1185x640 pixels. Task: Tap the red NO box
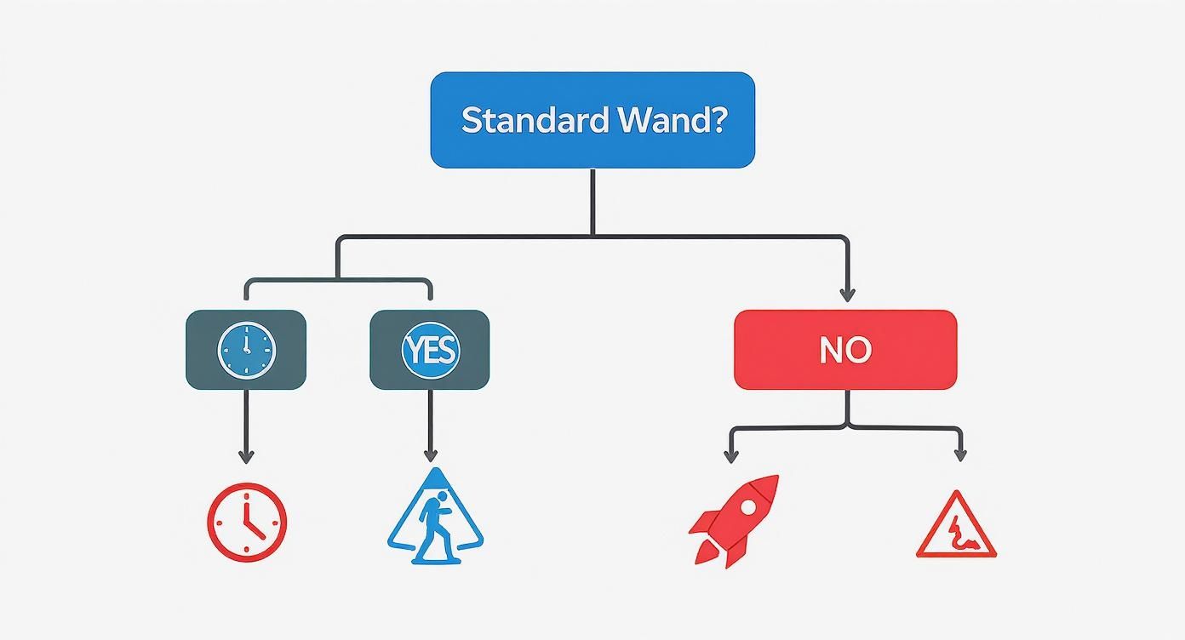click(x=845, y=350)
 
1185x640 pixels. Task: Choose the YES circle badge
click(x=430, y=350)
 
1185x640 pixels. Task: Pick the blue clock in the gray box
click(x=247, y=350)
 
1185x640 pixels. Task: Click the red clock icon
click(x=247, y=522)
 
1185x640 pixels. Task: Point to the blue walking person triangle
click(x=434, y=521)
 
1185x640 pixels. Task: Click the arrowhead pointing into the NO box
click(x=846, y=295)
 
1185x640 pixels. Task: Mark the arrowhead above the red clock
click(x=246, y=457)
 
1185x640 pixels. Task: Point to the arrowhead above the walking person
click(x=430, y=457)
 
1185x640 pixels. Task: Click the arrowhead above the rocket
click(x=730, y=457)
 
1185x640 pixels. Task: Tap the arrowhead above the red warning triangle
click(x=960, y=455)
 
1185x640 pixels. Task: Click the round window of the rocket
click(x=748, y=506)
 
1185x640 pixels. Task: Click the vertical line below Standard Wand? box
click(x=592, y=202)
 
